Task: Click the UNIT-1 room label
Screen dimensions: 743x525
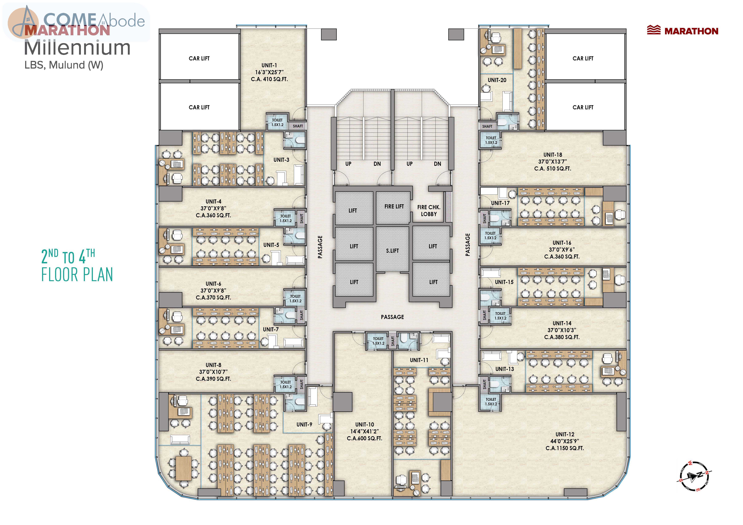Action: click(x=269, y=65)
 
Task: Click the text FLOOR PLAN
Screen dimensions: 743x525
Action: click(x=77, y=275)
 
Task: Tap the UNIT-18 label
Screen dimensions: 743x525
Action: click(x=553, y=155)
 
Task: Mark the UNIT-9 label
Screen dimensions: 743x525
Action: click(x=304, y=424)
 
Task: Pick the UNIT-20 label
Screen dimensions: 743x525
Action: click(x=497, y=80)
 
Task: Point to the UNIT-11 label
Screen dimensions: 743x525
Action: click(x=419, y=360)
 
